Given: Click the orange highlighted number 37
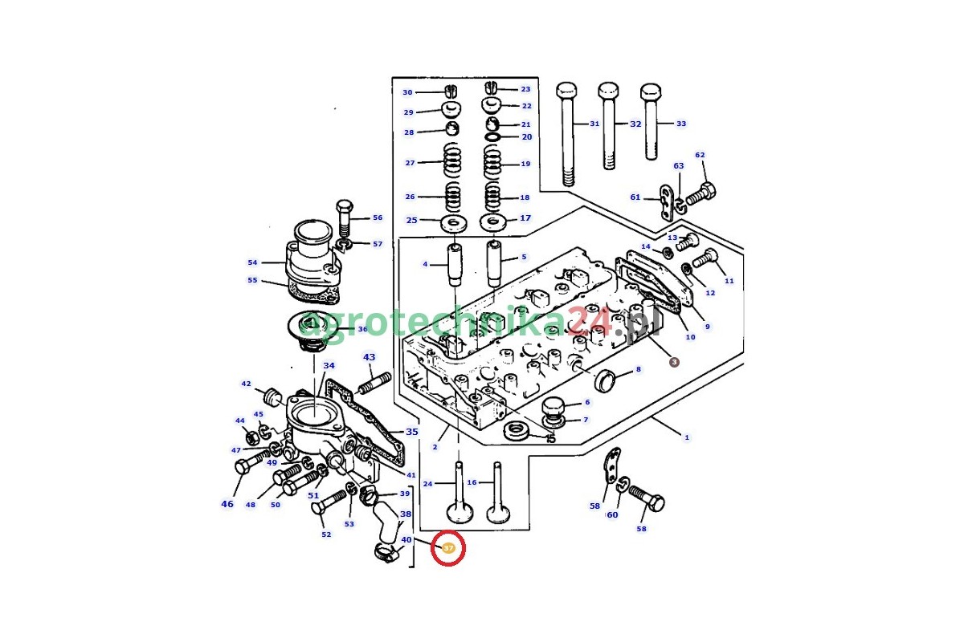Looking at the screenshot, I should pos(448,548).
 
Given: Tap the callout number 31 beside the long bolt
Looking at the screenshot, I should pos(594,124).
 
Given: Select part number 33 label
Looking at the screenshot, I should pos(681,124).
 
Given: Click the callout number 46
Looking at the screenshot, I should pos(227,504).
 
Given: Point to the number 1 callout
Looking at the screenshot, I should pos(686,437).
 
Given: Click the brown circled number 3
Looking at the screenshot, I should pos(674,362).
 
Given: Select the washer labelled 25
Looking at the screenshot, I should pos(454,221).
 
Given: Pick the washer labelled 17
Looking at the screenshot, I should pos(493,221).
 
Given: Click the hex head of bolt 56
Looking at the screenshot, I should pos(345,205).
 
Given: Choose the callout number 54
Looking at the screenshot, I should pos(252,262).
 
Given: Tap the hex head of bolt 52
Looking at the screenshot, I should pos(318,506).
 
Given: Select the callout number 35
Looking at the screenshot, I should pos(412,432).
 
